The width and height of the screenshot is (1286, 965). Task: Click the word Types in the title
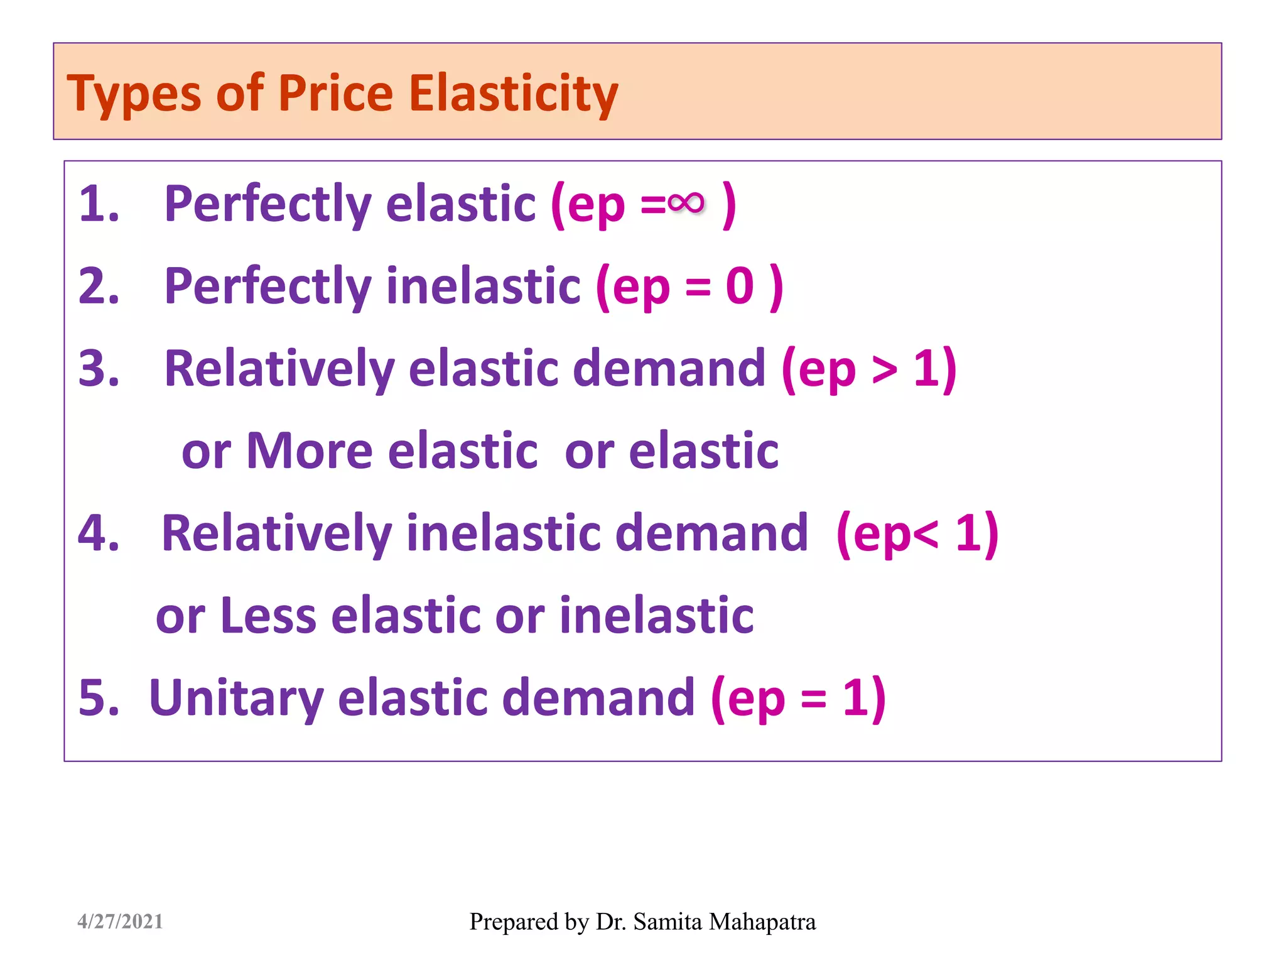point(134,94)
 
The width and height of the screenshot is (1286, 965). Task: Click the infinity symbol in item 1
point(685,202)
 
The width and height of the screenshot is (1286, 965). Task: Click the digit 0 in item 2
point(740,286)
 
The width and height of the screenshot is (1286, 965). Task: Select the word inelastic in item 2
point(483,286)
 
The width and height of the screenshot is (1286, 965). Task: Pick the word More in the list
point(310,451)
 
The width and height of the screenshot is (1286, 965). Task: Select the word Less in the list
point(268,616)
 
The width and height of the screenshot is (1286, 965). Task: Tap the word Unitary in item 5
point(236,699)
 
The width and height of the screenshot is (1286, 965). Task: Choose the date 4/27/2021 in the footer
point(120,922)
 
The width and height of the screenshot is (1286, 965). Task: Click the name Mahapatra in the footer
point(762,922)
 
